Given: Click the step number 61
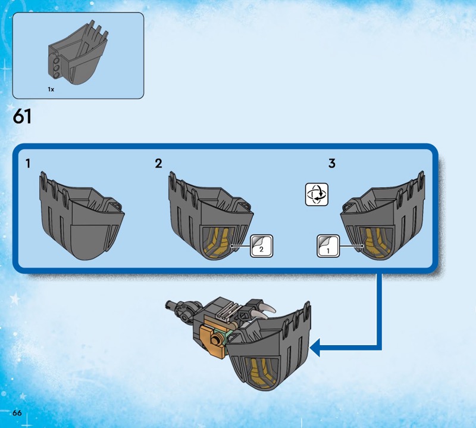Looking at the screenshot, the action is click(x=22, y=117).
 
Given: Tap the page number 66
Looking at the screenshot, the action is click(x=17, y=413).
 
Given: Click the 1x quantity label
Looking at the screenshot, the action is click(x=51, y=89).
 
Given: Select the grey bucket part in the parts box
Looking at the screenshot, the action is click(x=78, y=52).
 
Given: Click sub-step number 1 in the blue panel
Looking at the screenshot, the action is click(x=28, y=164).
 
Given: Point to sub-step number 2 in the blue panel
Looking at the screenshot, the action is click(x=158, y=164).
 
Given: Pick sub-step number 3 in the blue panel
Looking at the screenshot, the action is click(x=332, y=163).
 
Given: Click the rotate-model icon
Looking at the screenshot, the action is click(x=317, y=194).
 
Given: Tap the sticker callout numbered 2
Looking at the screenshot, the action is click(x=261, y=246).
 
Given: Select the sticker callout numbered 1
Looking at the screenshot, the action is click(x=328, y=246).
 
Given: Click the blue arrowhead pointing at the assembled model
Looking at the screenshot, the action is click(x=315, y=348).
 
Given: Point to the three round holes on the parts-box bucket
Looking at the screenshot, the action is click(x=57, y=67).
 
